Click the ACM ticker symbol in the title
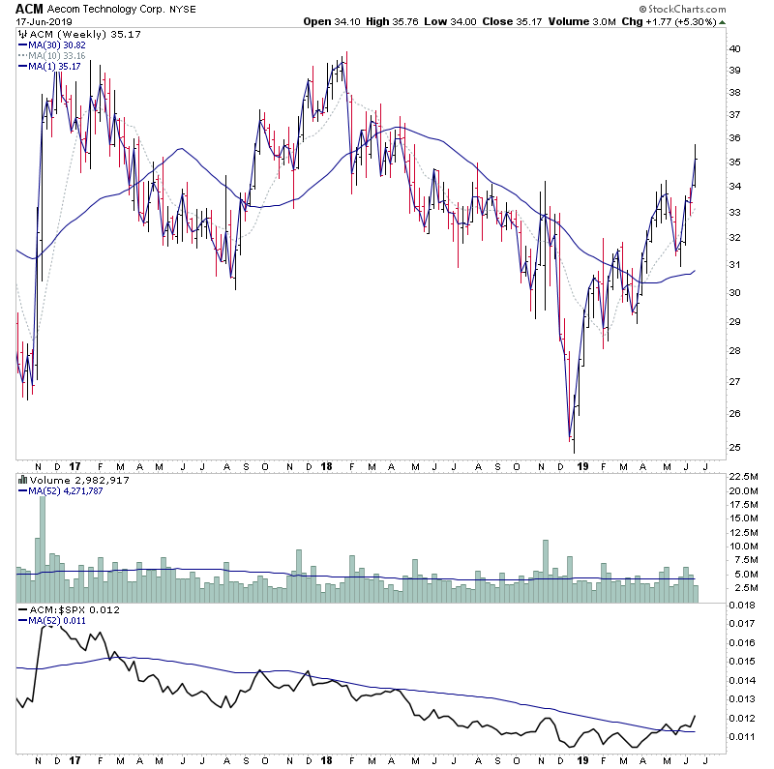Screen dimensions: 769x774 30,8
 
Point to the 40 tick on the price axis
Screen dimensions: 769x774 734,49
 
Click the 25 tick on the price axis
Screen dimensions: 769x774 734,448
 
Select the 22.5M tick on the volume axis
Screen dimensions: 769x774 740,476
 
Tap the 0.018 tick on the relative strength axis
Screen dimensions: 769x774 739,606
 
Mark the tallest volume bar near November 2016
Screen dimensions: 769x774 41,542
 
